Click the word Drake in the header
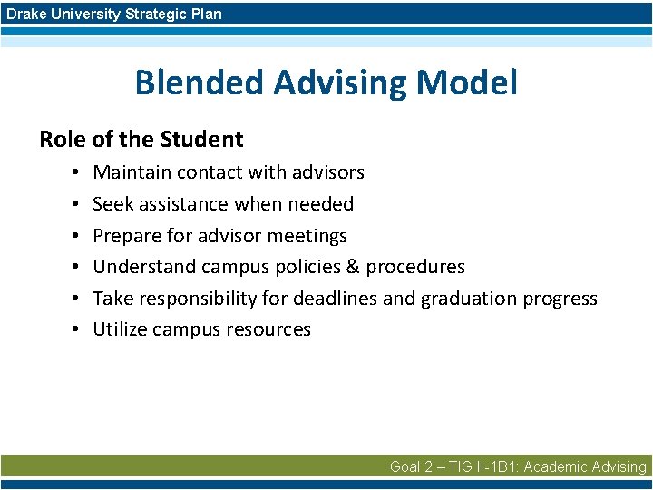coord(25,14)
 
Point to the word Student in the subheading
coord(201,140)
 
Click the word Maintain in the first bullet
coord(132,172)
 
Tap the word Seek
coord(113,204)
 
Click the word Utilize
coord(122,329)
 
